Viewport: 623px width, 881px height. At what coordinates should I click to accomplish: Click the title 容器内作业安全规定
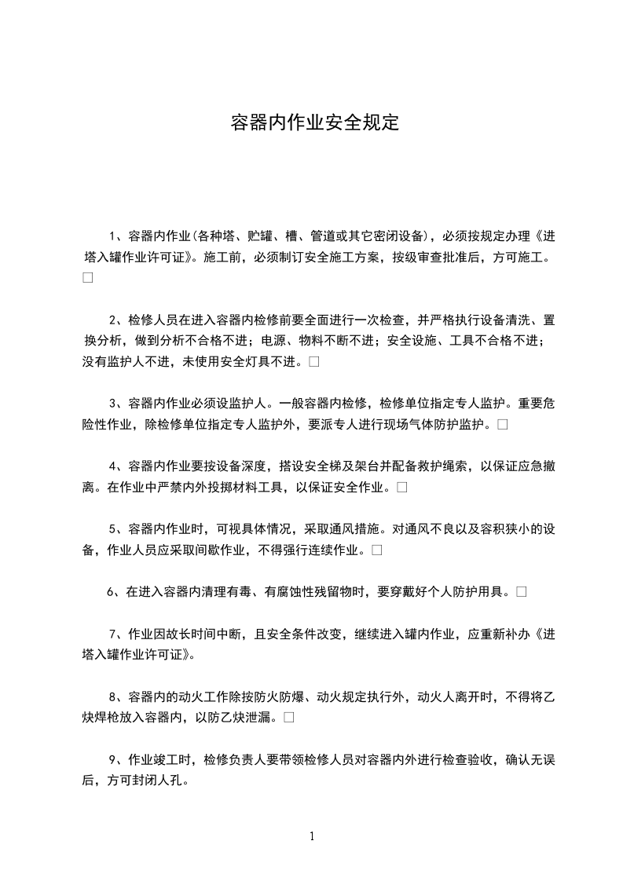click(315, 123)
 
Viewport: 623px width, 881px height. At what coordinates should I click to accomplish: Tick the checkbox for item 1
click(87, 278)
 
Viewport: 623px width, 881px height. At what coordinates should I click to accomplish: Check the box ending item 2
click(314, 362)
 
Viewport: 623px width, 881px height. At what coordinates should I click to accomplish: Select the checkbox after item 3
click(502, 425)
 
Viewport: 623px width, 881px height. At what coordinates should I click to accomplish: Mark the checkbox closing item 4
click(401, 488)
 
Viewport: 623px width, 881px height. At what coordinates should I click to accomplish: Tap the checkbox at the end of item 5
click(377, 550)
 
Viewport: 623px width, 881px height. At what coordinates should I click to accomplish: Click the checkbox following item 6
click(522, 592)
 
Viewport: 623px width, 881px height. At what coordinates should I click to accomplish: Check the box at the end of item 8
click(289, 717)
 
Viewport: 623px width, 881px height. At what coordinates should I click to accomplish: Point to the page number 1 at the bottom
click(312, 835)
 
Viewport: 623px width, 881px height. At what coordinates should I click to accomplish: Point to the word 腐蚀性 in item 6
click(292, 592)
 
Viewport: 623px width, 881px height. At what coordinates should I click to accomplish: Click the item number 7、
click(115, 634)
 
